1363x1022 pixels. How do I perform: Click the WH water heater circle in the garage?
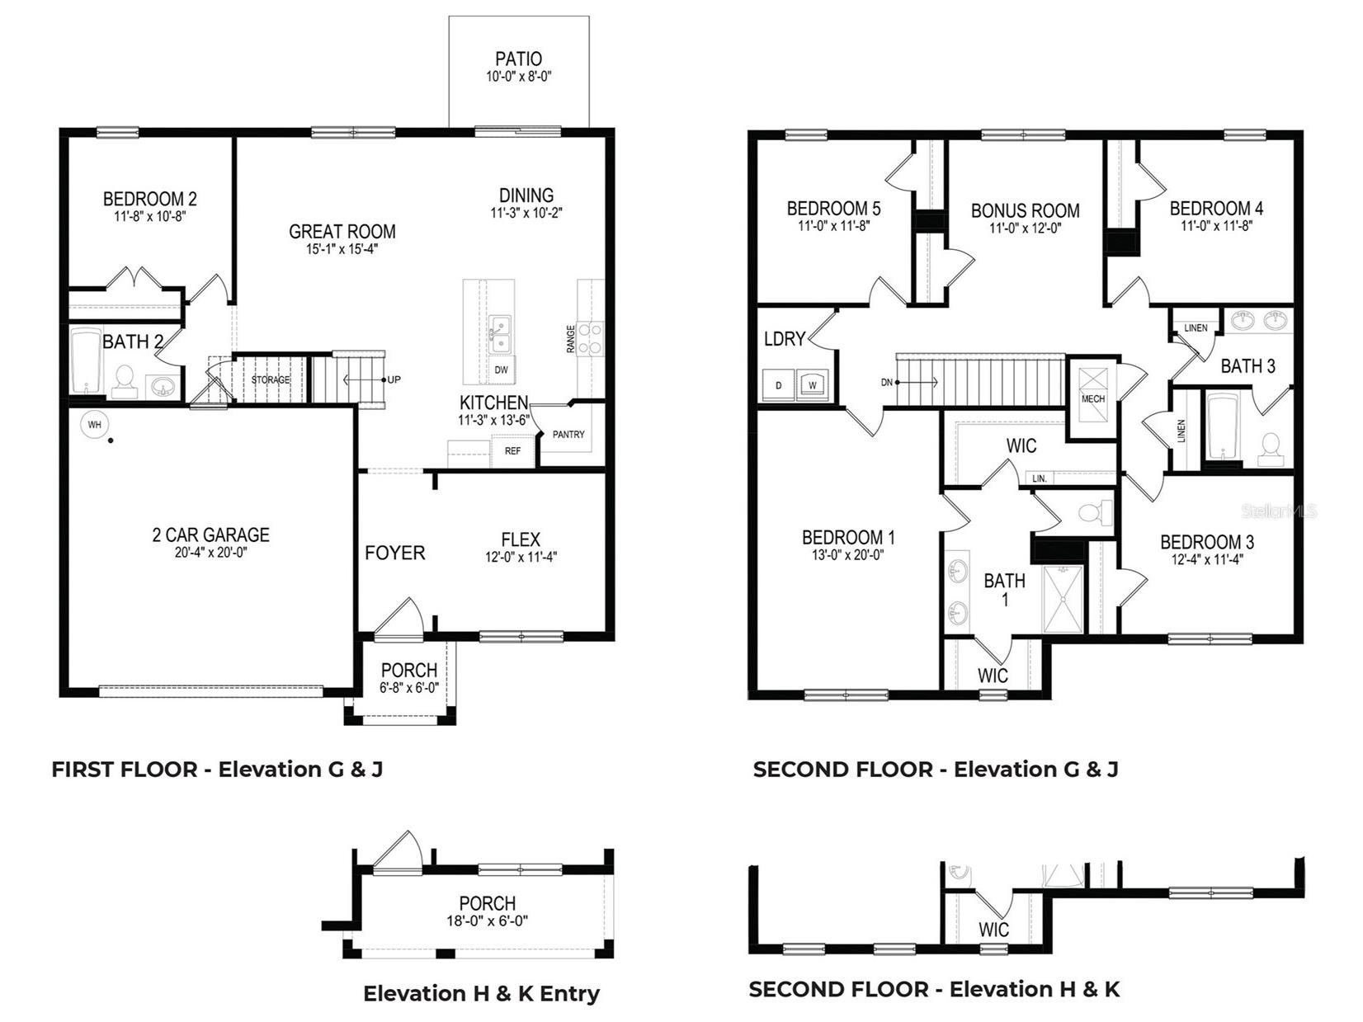click(x=94, y=425)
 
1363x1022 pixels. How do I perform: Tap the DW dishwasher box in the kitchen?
click(x=501, y=370)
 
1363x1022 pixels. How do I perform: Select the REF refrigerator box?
click(x=512, y=451)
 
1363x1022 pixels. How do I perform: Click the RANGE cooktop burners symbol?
click(x=590, y=338)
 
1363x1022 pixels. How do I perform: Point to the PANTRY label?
click(x=568, y=435)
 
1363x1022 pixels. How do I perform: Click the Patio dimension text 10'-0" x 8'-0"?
click(x=518, y=76)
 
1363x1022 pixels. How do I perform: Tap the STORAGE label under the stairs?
click(x=271, y=380)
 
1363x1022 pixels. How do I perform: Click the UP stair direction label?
click(x=394, y=380)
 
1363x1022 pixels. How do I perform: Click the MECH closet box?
click(x=1092, y=388)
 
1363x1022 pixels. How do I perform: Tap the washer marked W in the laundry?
click(x=813, y=385)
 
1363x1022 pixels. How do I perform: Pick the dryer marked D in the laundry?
click(x=778, y=385)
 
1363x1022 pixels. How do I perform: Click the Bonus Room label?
click(x=1025, y=211)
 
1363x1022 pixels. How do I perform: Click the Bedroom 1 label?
click(x=847, y=538)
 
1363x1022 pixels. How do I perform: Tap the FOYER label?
click(x=394, y=553)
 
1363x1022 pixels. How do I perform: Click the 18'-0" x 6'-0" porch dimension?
click(x=488, y=921)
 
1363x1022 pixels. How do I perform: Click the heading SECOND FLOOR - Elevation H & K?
click(x=934, y=989)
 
